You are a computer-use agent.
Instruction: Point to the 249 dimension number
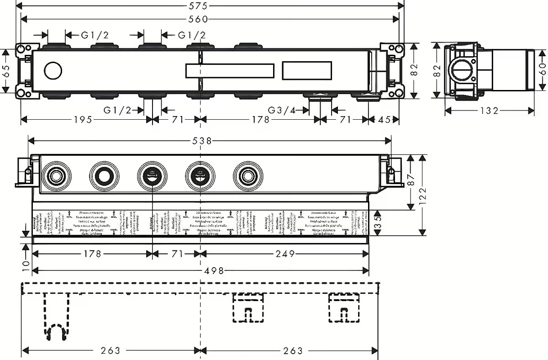(284, 254)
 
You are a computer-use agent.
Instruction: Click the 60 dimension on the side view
(543, 71)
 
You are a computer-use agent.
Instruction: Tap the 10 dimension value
(26, 264)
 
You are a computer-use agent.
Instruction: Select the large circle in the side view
(462, 72)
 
